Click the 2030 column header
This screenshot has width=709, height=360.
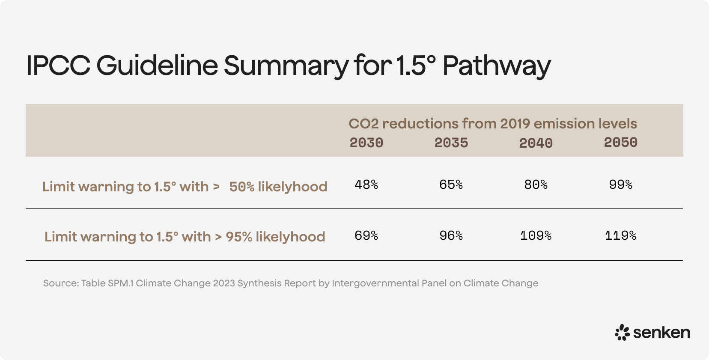(x=366, y=143)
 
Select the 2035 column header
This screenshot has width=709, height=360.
(x=451, y=143)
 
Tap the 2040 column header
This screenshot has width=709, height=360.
(x=536, y=143)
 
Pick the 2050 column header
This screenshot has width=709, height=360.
(x=620, y=142)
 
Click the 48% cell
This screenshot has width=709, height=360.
(x=366, y=184)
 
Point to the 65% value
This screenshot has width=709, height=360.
(x=451, y=184)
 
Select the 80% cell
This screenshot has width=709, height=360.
(x=536, y=184)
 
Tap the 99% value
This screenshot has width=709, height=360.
(x=620, y=184)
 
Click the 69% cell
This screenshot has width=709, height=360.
(x=366, y=235)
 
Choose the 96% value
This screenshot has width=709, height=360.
(x=451, y=235)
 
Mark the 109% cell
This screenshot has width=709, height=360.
(x=536, y=235)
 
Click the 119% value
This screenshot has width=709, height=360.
(x=620, y=235)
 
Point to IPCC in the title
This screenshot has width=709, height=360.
(x=58, y=65)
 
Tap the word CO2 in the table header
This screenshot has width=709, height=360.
(x=363, y=124)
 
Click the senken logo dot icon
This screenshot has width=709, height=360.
(x=622, y=333)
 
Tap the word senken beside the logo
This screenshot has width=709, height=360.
(x=661, y=333)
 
